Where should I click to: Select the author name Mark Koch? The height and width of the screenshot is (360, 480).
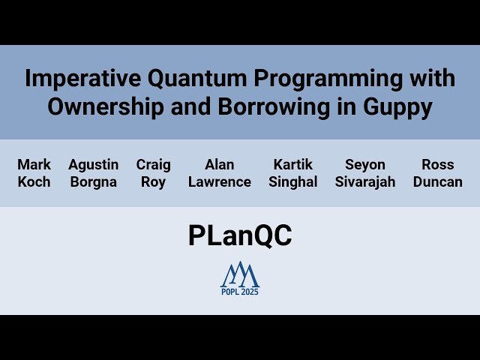click(x=34, y=173)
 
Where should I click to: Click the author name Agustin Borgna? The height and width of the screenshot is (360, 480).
click(x=93, y=173)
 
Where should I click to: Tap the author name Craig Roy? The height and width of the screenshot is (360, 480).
click(x=153, y=173)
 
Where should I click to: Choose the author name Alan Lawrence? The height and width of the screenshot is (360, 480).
click(x=220, y=173)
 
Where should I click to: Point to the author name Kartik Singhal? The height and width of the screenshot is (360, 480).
click(x=293, y=173)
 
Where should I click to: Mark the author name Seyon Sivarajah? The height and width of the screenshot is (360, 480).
click(x=365, y=173)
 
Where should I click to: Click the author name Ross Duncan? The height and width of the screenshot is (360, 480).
click(x=437, y=173)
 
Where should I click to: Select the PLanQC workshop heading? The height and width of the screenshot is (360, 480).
click(x=240, y=235)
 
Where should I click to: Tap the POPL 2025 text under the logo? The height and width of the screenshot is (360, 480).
click(x=239, y=292)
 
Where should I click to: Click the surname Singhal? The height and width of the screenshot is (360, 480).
click(x=293, y=182)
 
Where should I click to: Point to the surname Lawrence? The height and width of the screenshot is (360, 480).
click(x=220, y=182)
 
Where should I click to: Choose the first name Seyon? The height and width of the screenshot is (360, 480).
click(x=365, y=164)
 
